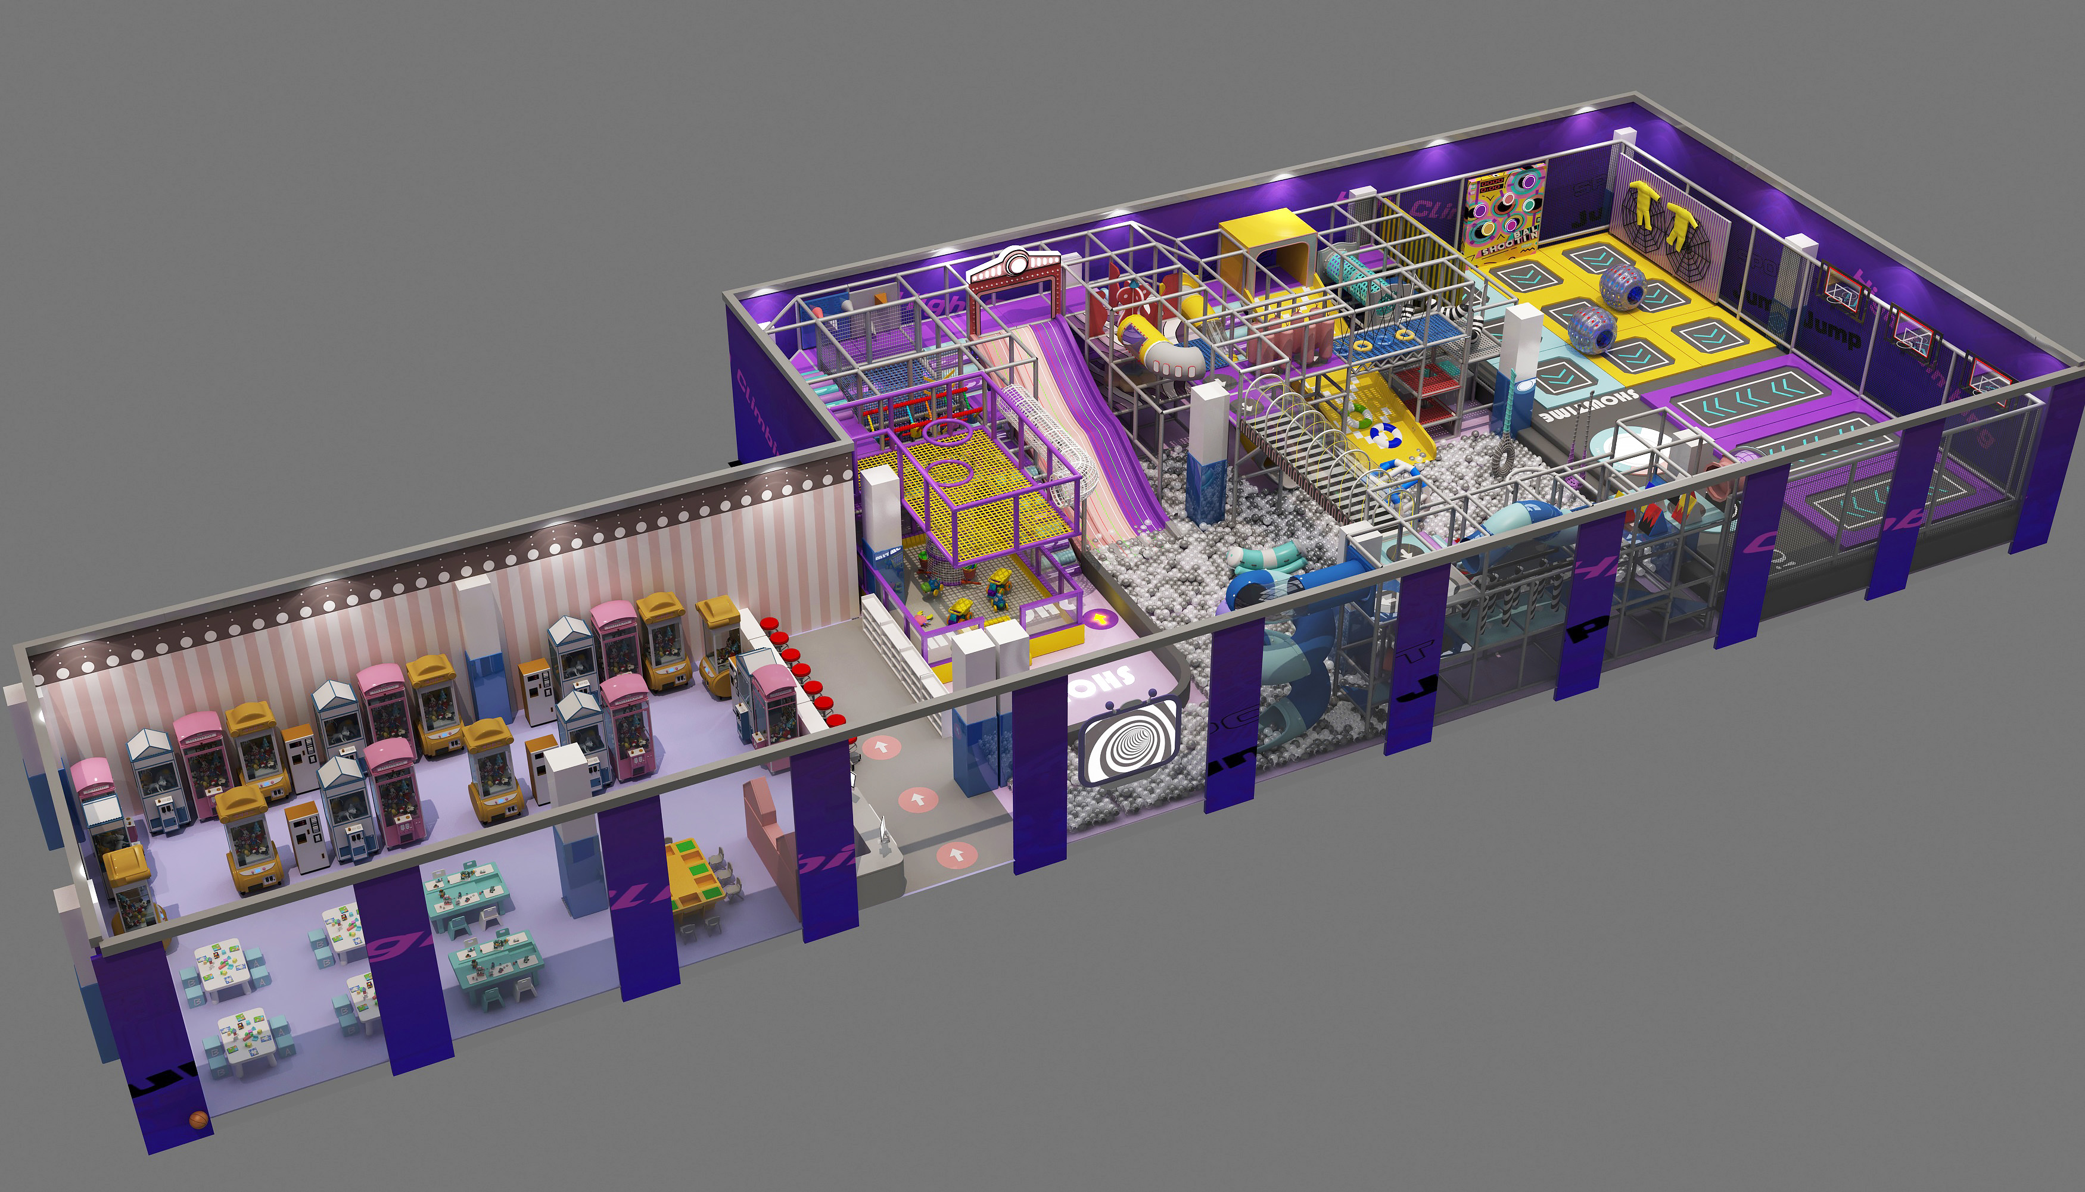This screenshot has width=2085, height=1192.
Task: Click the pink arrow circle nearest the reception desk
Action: click(955, 856)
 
